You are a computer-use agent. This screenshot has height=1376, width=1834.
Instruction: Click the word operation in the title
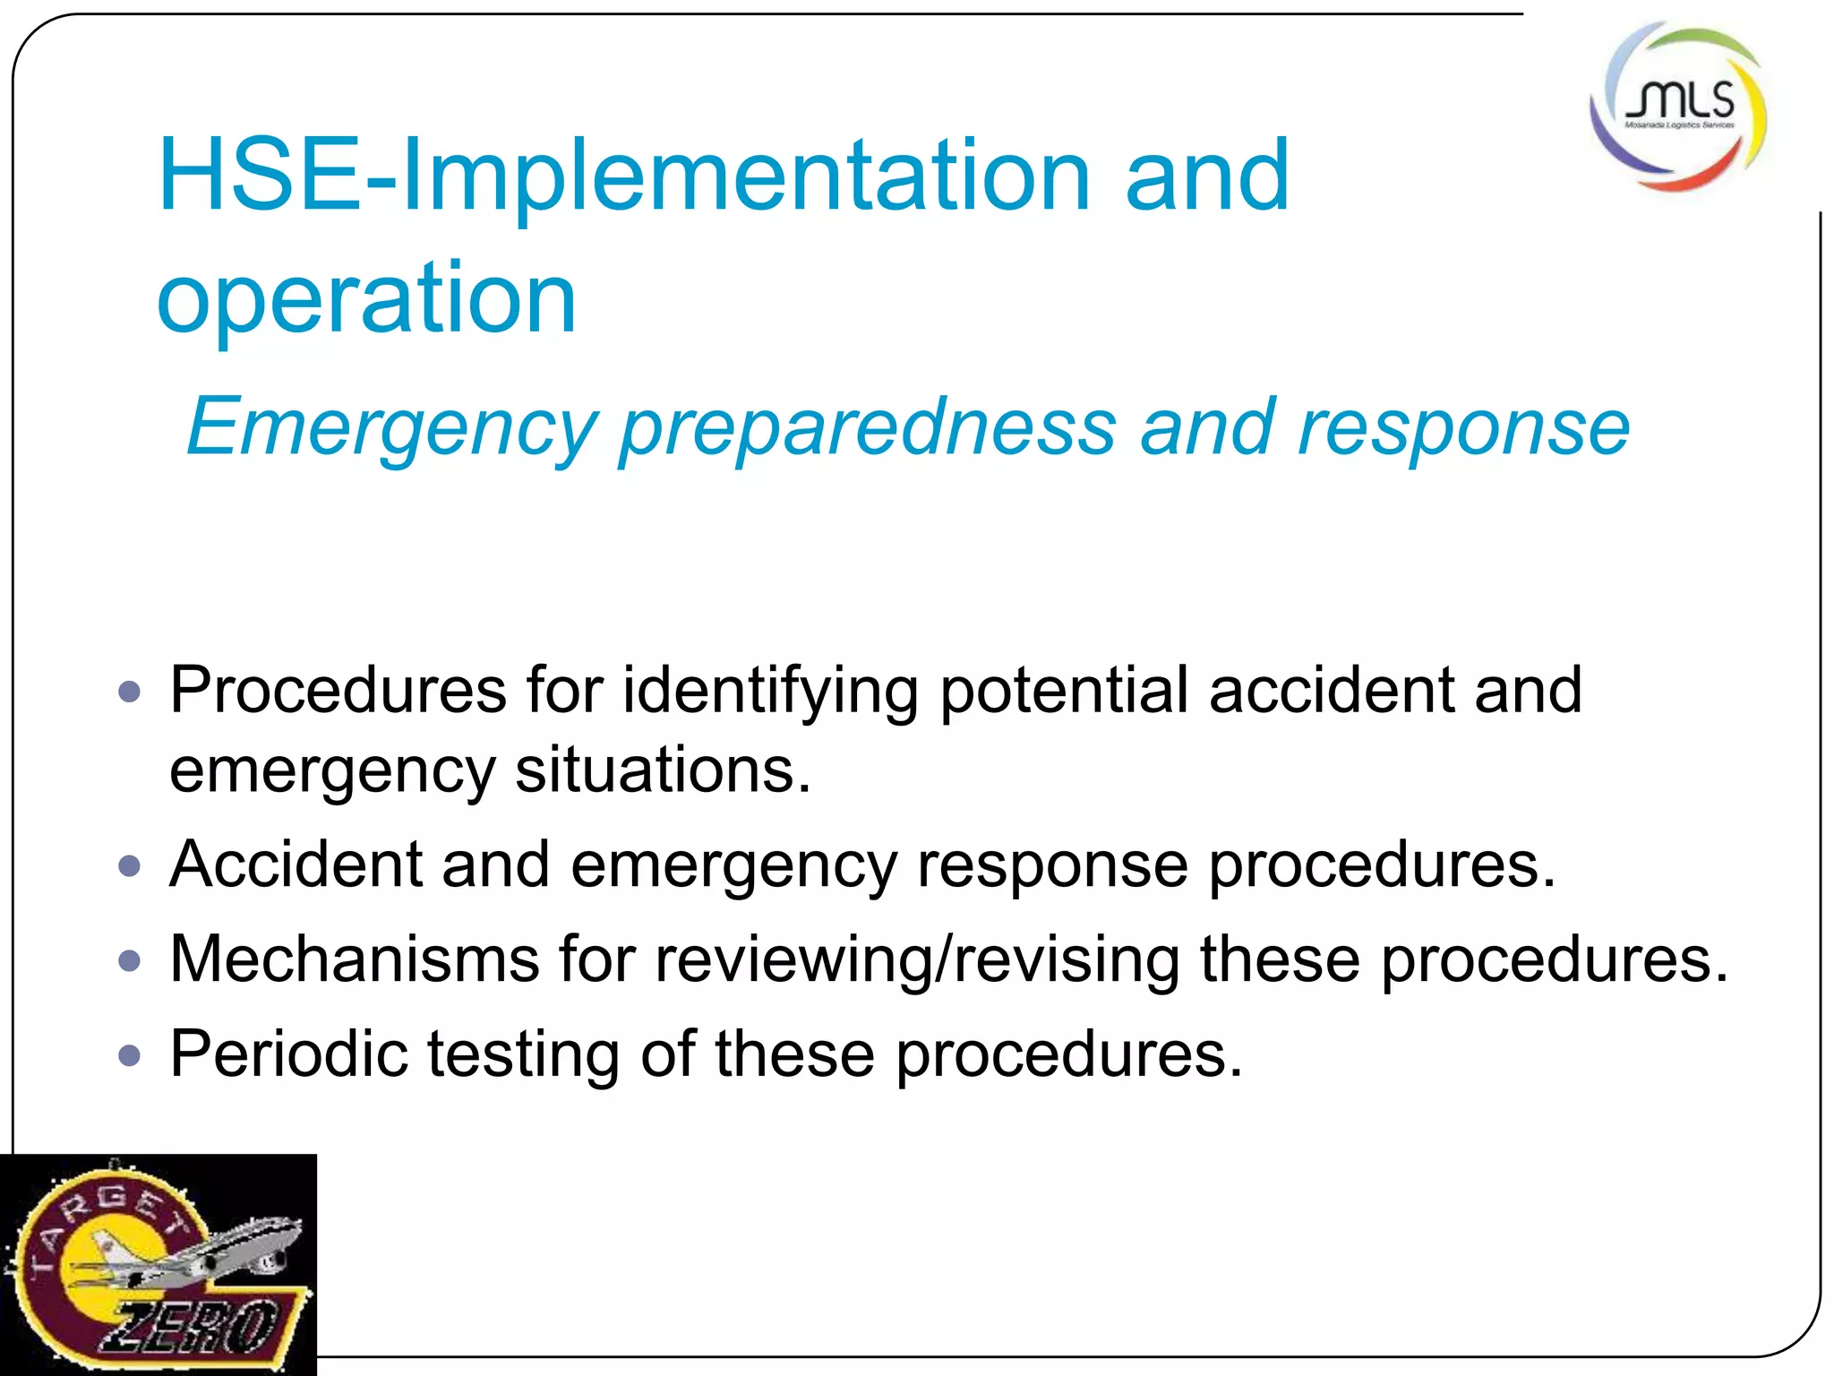point(366,297)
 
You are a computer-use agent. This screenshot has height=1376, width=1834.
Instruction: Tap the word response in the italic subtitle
point(1463,428)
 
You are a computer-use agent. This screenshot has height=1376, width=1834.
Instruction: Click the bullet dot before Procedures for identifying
point(131,692)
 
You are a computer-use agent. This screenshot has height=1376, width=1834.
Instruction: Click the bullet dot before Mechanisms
point(131,960)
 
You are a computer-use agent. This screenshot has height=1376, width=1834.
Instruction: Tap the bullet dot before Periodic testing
point(131,1054)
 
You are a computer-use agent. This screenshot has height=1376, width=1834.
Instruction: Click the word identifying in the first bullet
point(770,692)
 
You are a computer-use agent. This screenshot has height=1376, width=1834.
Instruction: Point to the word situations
point(663,770)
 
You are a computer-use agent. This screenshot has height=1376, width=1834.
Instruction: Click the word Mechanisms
point(355,959)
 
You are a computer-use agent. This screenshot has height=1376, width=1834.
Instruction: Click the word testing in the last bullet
point(523,1055)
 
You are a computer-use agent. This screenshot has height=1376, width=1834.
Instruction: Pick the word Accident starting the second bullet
point(296,864)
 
